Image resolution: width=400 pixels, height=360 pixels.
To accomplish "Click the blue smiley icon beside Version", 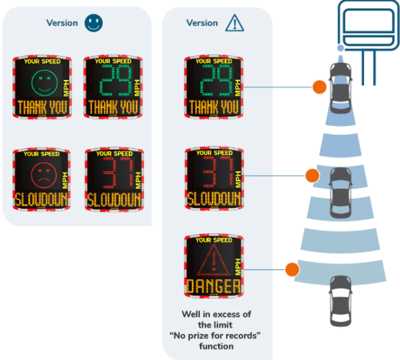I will [94, 23].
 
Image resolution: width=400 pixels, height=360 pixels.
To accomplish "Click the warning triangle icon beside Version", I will [235, 23].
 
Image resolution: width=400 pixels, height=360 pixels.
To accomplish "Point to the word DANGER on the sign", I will [213, 287].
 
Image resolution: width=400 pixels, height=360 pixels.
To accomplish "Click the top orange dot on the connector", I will [317, 86].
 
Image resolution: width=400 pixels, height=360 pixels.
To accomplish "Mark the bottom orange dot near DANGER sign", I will [291, 270].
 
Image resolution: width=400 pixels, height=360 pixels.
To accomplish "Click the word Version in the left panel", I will [63, 23].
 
